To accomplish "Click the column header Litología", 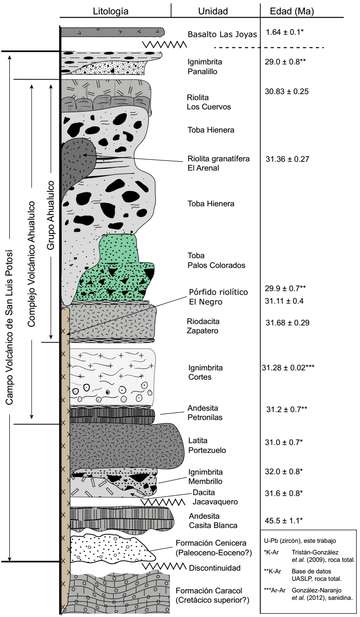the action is pos(111,10).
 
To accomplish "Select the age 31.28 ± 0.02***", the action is pos(289,368).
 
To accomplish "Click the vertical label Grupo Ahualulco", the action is pos(51,216).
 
